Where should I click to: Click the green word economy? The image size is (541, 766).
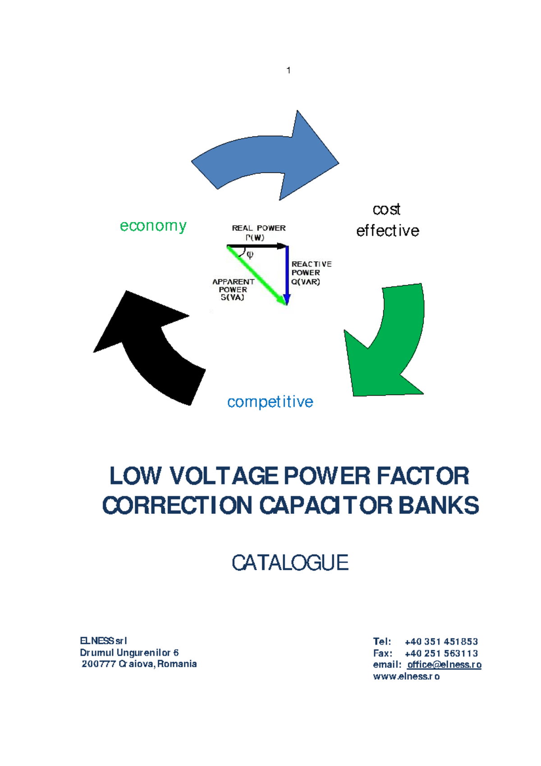click(x=153, y=226)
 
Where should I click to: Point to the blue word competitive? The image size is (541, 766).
click(x=270, y=401)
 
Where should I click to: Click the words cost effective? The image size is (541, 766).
click(x=387, y=220)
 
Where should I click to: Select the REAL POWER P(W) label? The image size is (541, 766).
click(x=258, y=232)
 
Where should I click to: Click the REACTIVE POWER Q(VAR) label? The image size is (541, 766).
click(x=311, y=272)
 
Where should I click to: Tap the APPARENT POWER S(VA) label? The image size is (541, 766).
click(x=233, y=289)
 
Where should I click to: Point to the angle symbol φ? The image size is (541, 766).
click(x=250, y=254)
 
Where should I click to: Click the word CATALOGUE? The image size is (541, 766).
click(x=290, y=563)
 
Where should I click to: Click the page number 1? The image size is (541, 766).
click(x=289, y=70)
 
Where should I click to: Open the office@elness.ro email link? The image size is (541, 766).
click(x=444, y=664)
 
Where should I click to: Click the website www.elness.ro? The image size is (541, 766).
click(x=406, y=676)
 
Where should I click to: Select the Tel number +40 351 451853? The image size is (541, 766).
click(x=441, y=641)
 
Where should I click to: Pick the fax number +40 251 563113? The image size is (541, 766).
click(x=441, y=653)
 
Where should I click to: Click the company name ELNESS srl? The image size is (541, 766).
click(x=103, y=641)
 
